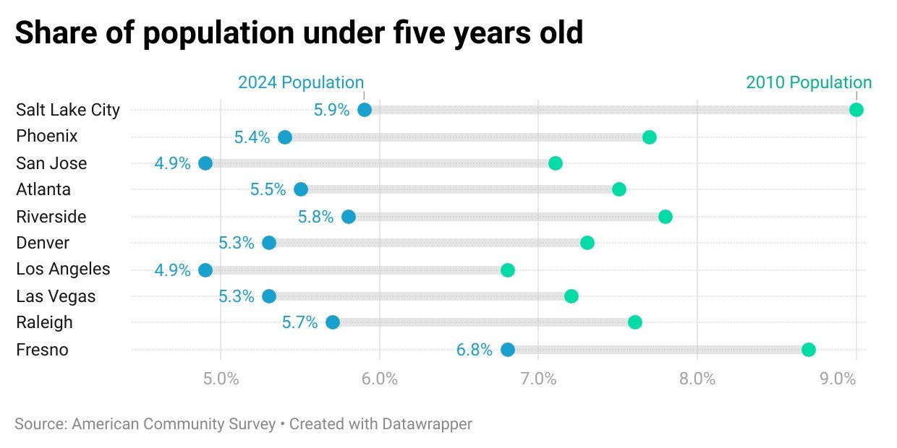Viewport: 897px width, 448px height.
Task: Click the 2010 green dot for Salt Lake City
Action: (x=856, y=110)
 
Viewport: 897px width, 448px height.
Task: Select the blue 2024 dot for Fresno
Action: (x=508, y=350)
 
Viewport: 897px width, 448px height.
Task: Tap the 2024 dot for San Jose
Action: (x=205, y=163)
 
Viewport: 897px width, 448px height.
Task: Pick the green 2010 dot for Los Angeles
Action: (x=508, y=270)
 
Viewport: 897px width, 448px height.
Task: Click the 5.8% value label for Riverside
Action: (x=315, y=217)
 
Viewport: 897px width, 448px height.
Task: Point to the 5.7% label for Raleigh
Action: (x=299, y=322)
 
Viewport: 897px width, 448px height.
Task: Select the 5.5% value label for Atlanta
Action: (x=268, y=189)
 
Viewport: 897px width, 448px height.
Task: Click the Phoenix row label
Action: (x=47, y=137)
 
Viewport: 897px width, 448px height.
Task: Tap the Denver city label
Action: (x=43, y=243)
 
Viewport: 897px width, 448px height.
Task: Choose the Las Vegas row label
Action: (x=56, y=296)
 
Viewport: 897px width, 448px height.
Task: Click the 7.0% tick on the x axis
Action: (x=537, y=379)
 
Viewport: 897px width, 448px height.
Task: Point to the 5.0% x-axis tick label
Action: (x=221, y=379)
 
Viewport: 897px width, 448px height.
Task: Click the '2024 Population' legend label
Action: (x=301, y=82)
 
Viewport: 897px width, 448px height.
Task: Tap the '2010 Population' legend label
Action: (x=809, y=82)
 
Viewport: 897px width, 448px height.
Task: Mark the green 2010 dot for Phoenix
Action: (x=650, y=137)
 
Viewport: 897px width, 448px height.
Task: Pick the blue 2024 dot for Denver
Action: (x=269, y=243)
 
